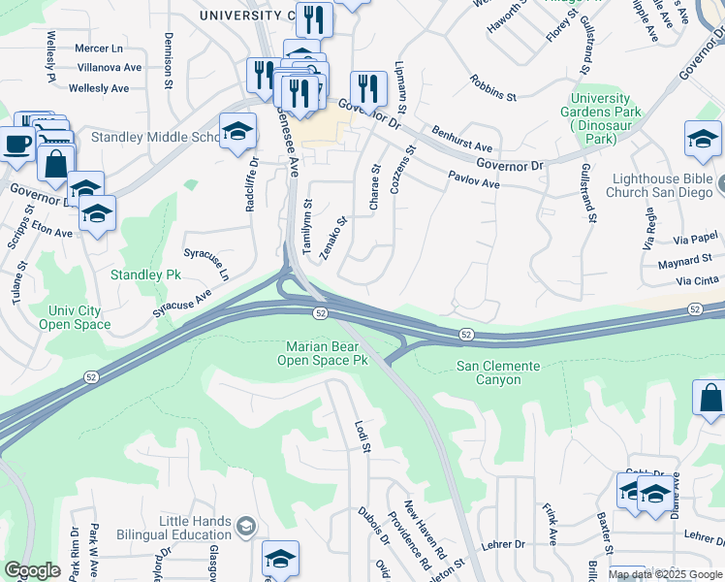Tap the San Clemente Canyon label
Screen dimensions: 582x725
coord(502,372)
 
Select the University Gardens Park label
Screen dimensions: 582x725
coord(606,118)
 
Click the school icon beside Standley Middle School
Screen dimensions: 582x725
coord(237,134)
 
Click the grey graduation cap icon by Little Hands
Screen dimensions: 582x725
coord(246,527)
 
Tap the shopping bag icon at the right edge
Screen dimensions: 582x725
coord(709,400)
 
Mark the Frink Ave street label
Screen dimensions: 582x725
coord(550,525)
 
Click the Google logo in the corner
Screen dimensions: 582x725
coord(32,569)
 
